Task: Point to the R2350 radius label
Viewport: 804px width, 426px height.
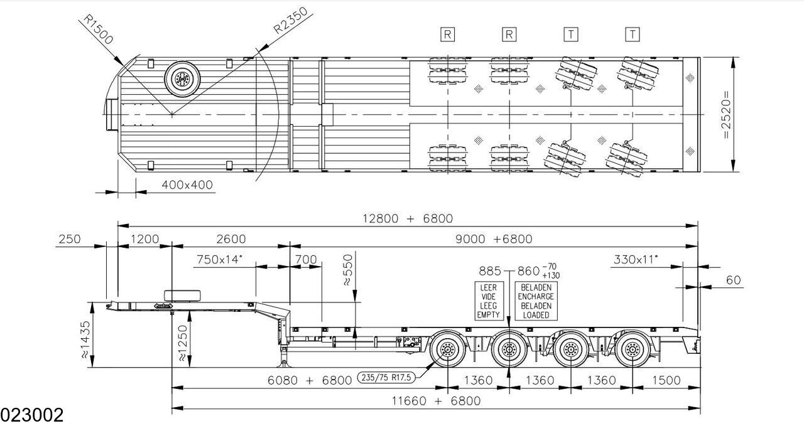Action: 291,21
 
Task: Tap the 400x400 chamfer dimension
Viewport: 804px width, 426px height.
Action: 187,185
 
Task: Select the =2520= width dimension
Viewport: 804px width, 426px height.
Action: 725,115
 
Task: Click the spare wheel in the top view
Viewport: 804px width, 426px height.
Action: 182,79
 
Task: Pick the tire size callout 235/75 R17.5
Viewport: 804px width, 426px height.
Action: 386,377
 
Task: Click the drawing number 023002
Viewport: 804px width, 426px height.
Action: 31,415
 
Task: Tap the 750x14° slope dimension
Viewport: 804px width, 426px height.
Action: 220,259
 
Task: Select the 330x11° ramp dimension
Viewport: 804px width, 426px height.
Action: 636,259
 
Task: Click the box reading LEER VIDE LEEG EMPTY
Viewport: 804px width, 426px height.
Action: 489,301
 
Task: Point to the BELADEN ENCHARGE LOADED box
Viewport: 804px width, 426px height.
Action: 536,301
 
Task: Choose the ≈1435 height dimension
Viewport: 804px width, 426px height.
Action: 85,339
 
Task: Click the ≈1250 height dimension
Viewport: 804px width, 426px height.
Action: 182,343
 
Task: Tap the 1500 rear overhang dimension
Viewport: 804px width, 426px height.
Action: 666,380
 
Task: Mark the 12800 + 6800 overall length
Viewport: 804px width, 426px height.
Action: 408,218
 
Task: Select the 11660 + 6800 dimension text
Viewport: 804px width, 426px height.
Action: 436,400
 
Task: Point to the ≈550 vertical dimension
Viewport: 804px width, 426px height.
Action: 348,270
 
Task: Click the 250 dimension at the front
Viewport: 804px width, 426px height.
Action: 70,239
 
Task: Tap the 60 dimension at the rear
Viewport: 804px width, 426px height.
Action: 733,280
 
